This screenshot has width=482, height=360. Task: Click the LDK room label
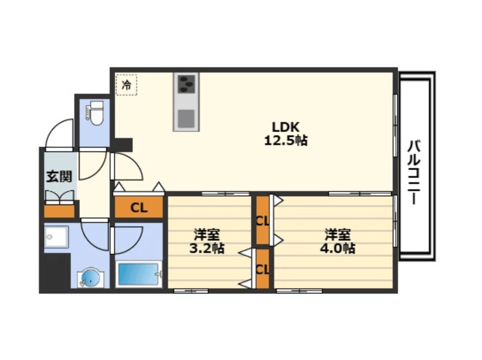coord(286,126)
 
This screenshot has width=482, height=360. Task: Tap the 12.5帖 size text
coord(286,141)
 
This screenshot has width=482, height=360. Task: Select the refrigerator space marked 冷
coord(126,84)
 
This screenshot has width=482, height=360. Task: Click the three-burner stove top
coord(186,83)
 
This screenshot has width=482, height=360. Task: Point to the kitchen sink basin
coord(186,119)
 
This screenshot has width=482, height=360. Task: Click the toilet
coord(95,113)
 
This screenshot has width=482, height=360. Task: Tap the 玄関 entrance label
coord(59,176)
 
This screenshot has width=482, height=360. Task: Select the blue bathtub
coord(138,274)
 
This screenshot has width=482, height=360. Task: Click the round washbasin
coord(89,277)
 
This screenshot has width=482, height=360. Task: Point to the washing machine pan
coord(56,237)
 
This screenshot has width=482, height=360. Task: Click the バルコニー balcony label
coord(414,172)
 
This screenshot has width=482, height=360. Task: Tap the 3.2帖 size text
coord(207,248)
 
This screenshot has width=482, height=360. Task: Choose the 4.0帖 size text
coord(338,248)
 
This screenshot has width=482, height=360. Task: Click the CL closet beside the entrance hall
coord(139,207)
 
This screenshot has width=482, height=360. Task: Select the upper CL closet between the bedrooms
coord(263,221)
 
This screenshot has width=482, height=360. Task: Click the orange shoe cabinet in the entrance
coord(59,211)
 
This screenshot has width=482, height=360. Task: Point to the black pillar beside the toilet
coord(122,145)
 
